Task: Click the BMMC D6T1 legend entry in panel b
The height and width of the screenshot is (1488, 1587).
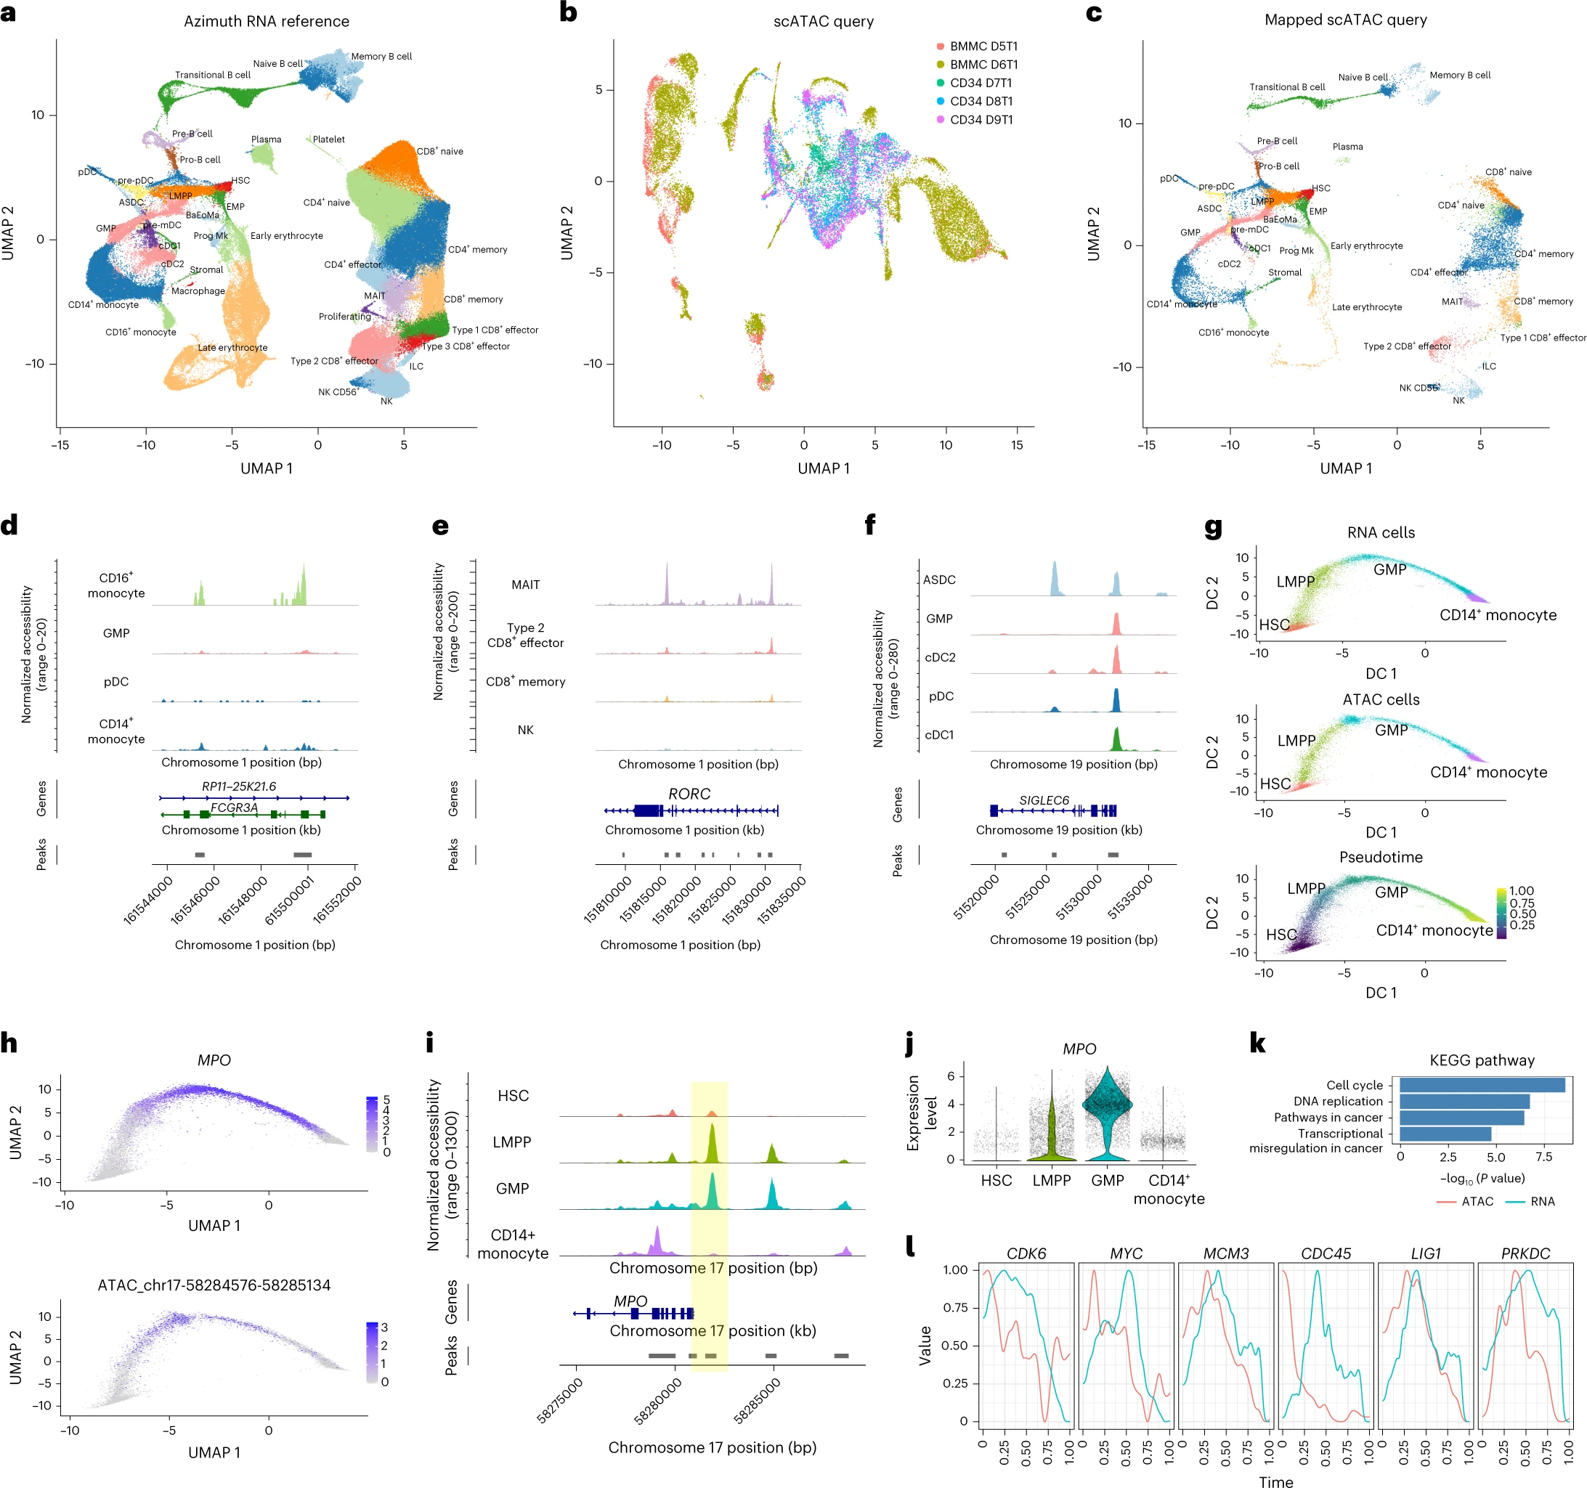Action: [x=983, y=65]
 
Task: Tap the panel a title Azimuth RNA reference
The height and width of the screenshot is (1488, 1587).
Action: [x=266, y=22]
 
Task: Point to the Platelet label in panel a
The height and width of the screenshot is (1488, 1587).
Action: [x=328, y=139]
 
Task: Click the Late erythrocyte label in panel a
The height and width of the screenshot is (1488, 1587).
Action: [x=232, y=347]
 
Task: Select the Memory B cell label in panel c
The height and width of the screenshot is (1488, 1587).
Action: [x=1459, y=75]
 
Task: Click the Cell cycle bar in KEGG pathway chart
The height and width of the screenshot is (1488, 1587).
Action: [x=1481, y=1085]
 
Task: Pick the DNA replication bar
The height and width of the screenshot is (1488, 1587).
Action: [x=1464, y=1101]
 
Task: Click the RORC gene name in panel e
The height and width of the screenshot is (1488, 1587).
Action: [x=689, y=794]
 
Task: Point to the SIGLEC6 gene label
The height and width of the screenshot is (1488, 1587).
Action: [x=1044, y=800]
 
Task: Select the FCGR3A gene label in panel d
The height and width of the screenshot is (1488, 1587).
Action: [x=234, y=807]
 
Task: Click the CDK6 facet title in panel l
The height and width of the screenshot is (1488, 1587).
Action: [x=1026, y=1253]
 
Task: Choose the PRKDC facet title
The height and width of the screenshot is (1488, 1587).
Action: [x=1525, y=1253]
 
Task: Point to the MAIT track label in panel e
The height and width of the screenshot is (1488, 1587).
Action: [x=525, y=585]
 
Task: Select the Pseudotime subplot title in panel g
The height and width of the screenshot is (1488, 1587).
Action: [x=1380, y=856]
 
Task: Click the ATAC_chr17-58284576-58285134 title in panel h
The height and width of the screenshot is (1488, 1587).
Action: [x=214, y=1285]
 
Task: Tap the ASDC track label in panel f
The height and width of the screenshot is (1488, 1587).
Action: [x=939, y=580]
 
